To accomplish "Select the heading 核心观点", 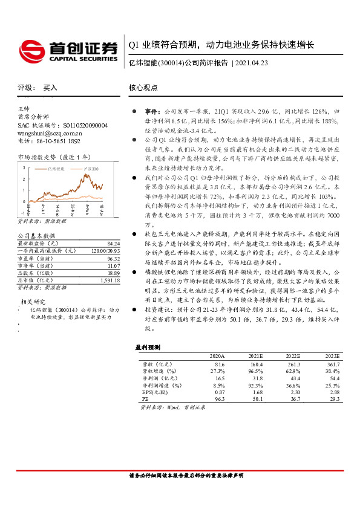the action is [143, 88].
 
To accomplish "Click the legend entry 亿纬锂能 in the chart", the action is [57, 169].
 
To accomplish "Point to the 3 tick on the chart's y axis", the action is [23, 167].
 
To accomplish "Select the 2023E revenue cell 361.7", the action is [332, 364].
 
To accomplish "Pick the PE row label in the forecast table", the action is [145, 400].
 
